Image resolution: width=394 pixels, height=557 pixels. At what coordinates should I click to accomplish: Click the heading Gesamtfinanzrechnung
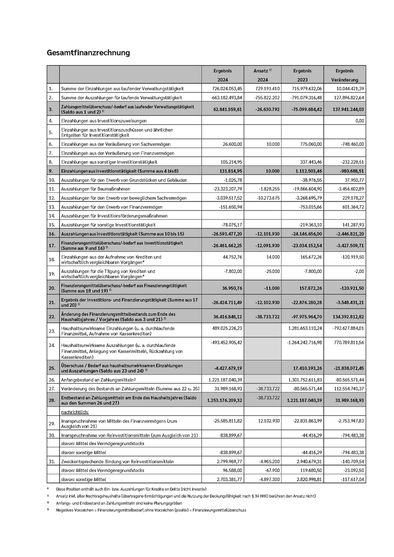click(x=88, y=53)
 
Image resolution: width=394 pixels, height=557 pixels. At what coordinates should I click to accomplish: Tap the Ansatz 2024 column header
click(x=262, y=75)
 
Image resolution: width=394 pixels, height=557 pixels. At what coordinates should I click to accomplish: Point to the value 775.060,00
click(x=310, y=144)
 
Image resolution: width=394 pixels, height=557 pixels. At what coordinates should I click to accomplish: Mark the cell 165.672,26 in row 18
click(x=310, y=257)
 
